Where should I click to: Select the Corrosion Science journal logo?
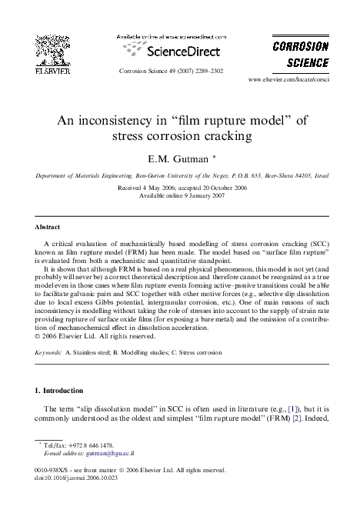pos(301,53)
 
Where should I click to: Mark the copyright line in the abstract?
pos(101,335)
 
